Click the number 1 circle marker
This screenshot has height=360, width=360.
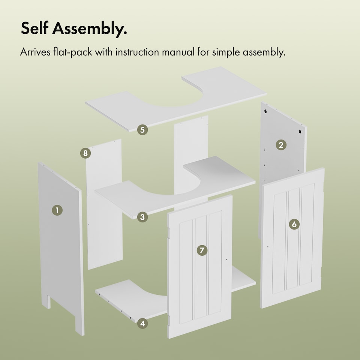pos(57,210)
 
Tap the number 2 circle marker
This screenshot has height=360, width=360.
pos(281,145)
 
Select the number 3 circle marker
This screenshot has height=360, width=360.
pos(142,217)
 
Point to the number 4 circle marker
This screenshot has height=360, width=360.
pos(142,324)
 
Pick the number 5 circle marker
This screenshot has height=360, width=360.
pos(142,130)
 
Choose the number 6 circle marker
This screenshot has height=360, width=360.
pos(294,224)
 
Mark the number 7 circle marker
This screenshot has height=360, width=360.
pos(202,250)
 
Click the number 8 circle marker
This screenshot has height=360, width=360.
pos(85,153)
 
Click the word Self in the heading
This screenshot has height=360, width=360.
pos(34,28)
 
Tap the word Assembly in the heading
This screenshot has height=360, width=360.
pos(90,29)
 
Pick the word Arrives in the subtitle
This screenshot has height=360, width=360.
pos(35,52)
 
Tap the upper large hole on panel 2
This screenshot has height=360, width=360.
pos(265,111)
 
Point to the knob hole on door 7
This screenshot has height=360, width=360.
pos(226,259)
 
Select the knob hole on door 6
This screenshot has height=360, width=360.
pos(268,247)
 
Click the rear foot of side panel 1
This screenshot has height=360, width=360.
pos(46,301)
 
